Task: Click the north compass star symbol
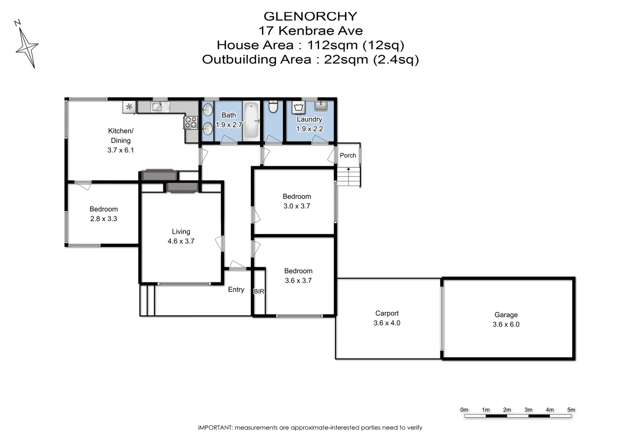point(27,48)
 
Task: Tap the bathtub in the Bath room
point(251,120)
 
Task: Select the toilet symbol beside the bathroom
point(273,107)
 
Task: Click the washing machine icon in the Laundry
point(299,108)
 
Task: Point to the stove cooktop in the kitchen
point(191,122)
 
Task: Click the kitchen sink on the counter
point(160,107)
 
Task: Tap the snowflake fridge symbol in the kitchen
point(129,107)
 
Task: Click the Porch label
point(348,155)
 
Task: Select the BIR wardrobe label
point(259,291)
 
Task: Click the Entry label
point(236,289)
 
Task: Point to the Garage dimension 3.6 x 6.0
point(506,324)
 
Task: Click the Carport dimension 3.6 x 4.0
point(387,323)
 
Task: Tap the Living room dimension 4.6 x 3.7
point(181,241)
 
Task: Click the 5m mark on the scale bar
point(571,410)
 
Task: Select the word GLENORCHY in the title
point(310,16)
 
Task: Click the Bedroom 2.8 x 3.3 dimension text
point(104,219)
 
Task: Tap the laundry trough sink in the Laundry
point(321,106)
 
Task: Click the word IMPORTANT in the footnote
point(215,428)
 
